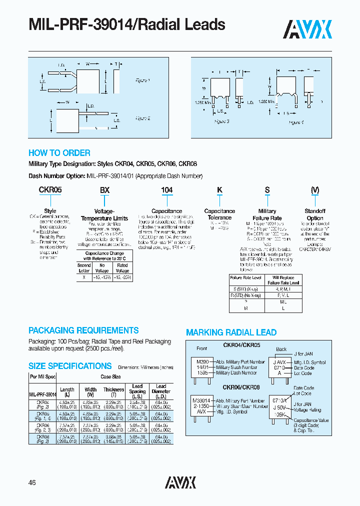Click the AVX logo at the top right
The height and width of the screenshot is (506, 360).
click(x=308, y=29)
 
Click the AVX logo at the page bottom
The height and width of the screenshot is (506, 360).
click(x=180, y=482)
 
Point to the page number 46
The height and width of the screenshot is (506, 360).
click(x=32, y=482)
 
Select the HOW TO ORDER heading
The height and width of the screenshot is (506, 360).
click(x=59, y=153)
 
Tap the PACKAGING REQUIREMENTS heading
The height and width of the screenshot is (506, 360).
click(x=83, y=330)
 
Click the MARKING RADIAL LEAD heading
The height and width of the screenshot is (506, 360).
click(x=231, y=332)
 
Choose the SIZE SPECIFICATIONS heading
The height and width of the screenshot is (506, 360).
click(x=70, y=366)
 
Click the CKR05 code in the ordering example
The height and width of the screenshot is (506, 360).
click(x=50, y=190)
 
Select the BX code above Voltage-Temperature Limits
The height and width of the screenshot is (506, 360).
click(x=104, y=190)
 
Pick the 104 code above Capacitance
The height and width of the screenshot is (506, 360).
click(x=166, y=190)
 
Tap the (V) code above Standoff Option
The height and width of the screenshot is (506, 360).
click(x=315, y=190)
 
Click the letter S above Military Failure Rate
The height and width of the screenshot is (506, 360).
click(x=267, y=190)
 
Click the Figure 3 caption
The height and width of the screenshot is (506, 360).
click(x=221, y=121)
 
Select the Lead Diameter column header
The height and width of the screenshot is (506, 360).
click(x=161, y=389)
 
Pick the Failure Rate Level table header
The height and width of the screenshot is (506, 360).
click(x=245, y=277)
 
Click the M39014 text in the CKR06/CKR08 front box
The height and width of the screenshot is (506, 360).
click(x=201, y=401)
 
